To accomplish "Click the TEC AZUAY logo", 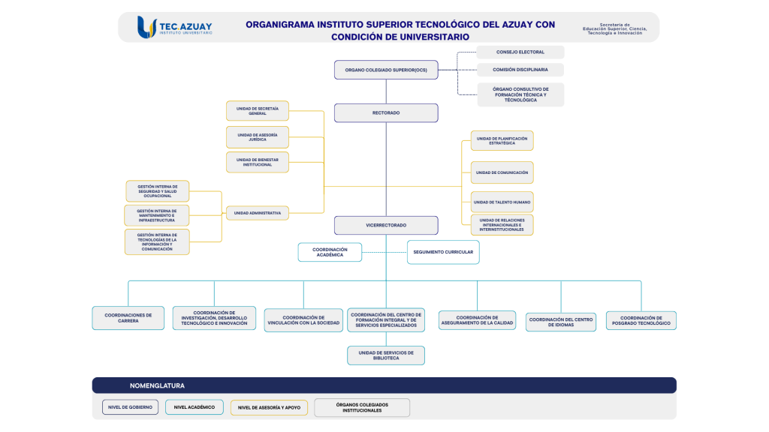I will tap(174, 28).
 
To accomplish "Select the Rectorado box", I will tap(386, 112).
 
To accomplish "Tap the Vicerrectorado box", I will tap(386, 225).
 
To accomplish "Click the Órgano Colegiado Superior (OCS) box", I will tap(386, 70).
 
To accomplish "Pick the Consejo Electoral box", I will tap(520, 52).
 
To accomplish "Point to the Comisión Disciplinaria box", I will tap(520, 70).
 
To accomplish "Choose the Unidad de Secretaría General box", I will tap(258, 111).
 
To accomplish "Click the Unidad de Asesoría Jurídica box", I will tap(258, 137).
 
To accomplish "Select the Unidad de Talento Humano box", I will tap(502, 202).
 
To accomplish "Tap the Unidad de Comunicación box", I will tap(502, 172).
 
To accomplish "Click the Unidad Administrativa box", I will tap(258, 213).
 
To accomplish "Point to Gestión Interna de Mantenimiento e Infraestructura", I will tap(156, 216).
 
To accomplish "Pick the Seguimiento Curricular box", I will tap(443, 252).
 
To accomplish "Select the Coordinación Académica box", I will tap(330, 253).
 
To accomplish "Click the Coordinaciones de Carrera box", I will tap(128, 318).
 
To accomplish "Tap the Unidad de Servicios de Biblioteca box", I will tap(386, 355).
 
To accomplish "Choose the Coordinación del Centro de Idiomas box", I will tap(561, 322).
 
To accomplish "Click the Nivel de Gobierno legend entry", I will tap(131, 407).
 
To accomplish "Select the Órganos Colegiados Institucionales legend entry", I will tap(362, 407).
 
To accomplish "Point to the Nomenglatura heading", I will tap(157, 385).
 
